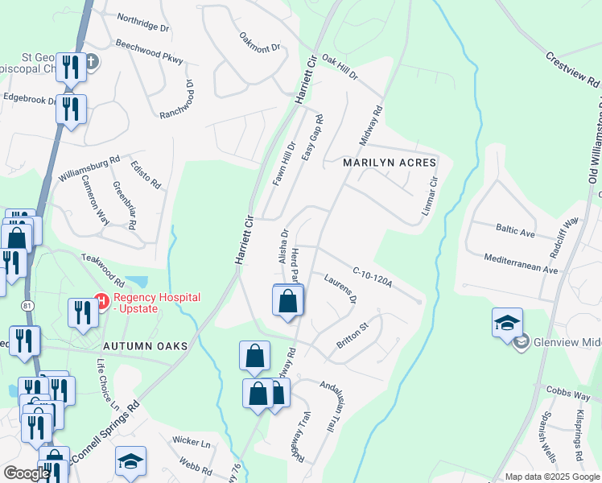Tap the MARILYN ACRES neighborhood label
coord(390,163)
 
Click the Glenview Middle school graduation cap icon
coord(507,323)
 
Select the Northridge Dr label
coord(143,22)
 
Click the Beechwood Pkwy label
coord(149,52)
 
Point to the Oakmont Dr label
coord(259,42)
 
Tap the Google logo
coord(26,473)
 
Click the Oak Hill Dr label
coord(338,61)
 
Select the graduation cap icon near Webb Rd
coord(131,462)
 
